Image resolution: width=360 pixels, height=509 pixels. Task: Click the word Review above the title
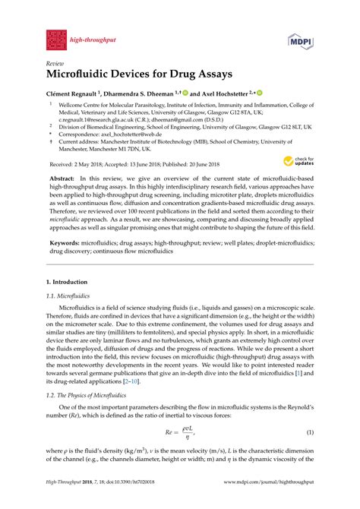[55, 65]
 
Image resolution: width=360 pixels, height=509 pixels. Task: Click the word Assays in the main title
[212, 77]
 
